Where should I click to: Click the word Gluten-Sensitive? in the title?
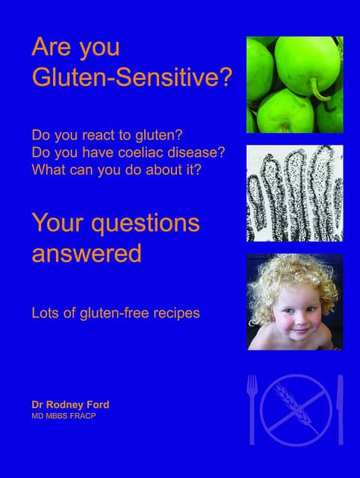coord(132,77)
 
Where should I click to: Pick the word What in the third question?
coord(49,170)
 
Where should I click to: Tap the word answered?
coord(87,253)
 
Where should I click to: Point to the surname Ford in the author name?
coord(98,405)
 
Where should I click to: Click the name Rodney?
coord(65,405)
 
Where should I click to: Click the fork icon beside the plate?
coord(252,409)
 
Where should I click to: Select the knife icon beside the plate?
coord(341,409)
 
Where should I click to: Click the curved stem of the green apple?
coord(318,91)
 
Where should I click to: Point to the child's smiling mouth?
coord(300,330)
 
